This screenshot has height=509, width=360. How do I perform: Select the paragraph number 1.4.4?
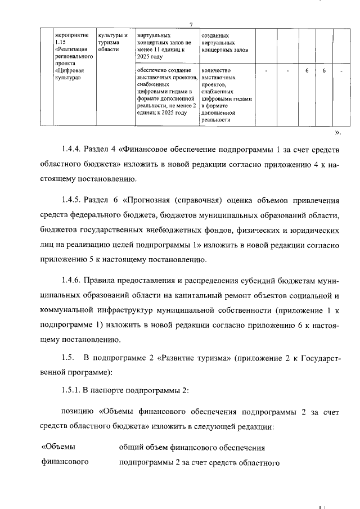click(71, 149)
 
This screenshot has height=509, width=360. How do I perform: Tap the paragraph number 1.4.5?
click(71, 200)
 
